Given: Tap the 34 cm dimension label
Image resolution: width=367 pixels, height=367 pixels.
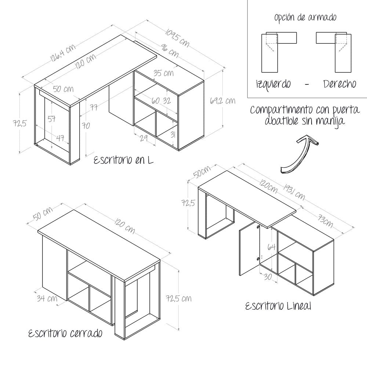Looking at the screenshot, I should click(x=47, y=298).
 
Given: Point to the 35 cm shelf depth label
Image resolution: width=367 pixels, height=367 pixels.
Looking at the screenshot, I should click(x=163, y=73).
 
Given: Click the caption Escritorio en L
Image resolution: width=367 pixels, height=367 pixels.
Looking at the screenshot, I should click(x=124, y=160).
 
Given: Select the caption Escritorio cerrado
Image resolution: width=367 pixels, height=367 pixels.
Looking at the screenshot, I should click(x=65, y=334).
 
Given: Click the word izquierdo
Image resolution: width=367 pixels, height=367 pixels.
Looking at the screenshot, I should click(x=274, y=84).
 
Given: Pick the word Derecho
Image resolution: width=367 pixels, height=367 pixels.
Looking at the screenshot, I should click(x=339, y=84).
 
